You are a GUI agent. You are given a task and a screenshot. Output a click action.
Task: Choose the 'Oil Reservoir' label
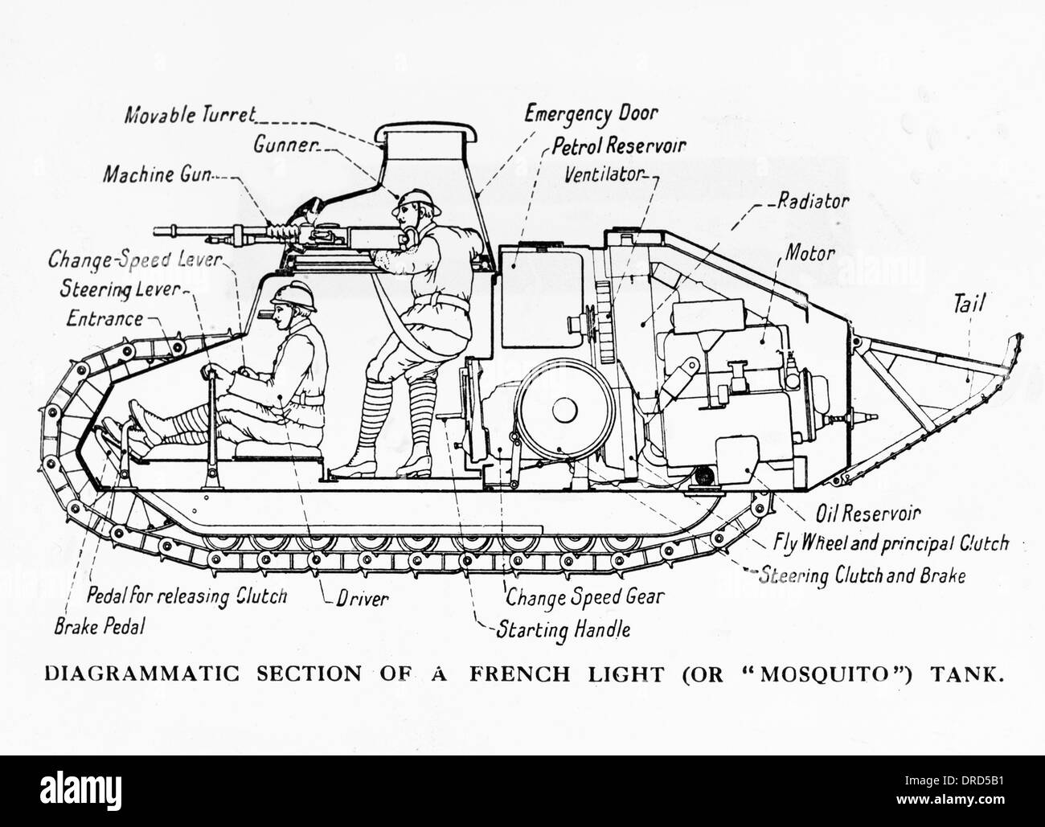click(868, 514)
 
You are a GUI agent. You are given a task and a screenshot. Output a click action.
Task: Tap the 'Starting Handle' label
click(563, 628)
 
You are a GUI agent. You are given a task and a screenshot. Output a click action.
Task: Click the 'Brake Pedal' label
click(99, 627)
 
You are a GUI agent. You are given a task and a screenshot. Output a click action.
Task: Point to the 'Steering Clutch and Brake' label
click(862, 575)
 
